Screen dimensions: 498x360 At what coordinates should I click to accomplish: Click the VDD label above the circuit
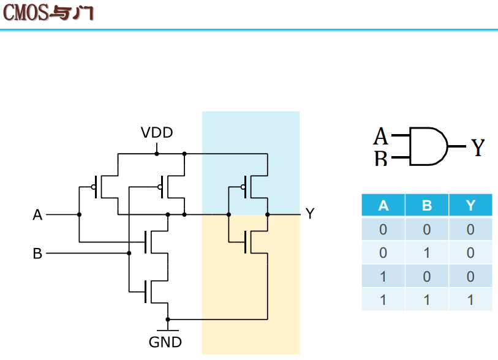[157, 133]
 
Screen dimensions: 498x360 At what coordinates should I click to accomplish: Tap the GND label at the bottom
[165, 342]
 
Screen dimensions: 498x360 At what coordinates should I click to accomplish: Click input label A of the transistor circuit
[37, 215]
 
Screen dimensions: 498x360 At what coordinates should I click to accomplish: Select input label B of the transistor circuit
[37, 253]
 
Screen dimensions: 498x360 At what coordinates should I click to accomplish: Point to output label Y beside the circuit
[310, 214]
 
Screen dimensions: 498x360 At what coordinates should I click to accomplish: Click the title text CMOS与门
[48, 13]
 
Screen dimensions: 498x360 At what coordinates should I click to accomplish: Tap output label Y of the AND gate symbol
[478, 148]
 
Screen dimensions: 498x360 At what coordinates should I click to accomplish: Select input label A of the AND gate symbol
[381, 136]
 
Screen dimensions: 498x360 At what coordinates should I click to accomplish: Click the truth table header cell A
[383, 205]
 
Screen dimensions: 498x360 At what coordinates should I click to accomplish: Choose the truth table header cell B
[427, 205]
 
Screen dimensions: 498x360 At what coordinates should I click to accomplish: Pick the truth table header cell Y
[470, 205]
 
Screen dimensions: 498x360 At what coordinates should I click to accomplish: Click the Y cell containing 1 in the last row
[470, 299]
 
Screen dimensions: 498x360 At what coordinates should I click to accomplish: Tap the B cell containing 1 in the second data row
[427, 253]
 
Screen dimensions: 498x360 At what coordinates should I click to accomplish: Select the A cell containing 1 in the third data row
[383, 277]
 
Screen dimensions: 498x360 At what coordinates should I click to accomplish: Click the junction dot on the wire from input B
[129, 253]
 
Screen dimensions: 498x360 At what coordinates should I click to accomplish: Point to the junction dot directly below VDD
[157, 154]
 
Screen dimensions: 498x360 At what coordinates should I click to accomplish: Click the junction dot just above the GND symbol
[168, 320]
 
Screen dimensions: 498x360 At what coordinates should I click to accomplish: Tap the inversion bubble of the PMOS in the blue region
[243, 187]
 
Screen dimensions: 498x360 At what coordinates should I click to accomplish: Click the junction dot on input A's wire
[79, 215]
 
